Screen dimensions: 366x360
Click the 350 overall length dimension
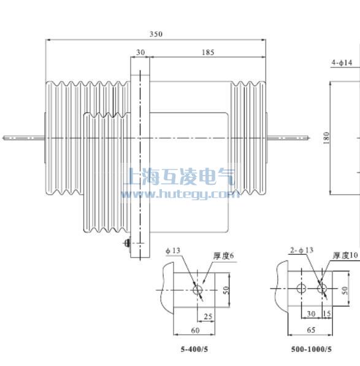click(x=156, y=34)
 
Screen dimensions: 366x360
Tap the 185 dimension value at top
click(x=208, y=53)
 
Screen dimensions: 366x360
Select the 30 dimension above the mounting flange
click(x=140, y=53)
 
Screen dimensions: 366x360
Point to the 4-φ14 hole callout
click(x=342, y=63)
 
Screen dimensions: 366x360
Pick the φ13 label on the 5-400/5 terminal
click(x=173, y=251)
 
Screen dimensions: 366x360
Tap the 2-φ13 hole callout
click(x=301, y=250)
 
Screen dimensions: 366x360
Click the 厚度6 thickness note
click(x=224, y=255)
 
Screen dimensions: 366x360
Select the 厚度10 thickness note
click(x=345, y=255)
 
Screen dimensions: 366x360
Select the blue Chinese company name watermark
click(x=179, y=177)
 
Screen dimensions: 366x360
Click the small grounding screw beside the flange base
click(x=127, y=244)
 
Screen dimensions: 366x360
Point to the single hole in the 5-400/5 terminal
click(x=199, y=289)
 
